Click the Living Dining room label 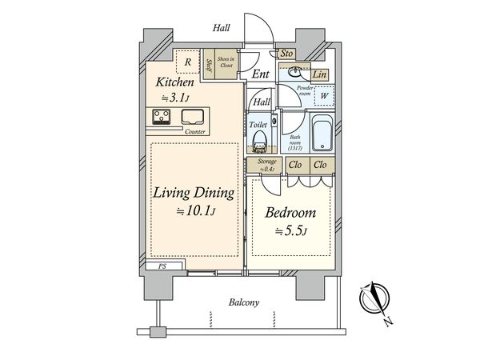[x=194, y=193]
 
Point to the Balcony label [x=243, y=302]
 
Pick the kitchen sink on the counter [x=194, y=117]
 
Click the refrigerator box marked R [x=187, y=61]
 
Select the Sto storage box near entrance [x=287, y=54]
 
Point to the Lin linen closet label [x=319, y=74]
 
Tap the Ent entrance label [x=259, y=74]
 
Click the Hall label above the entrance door [x=222, y=28]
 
